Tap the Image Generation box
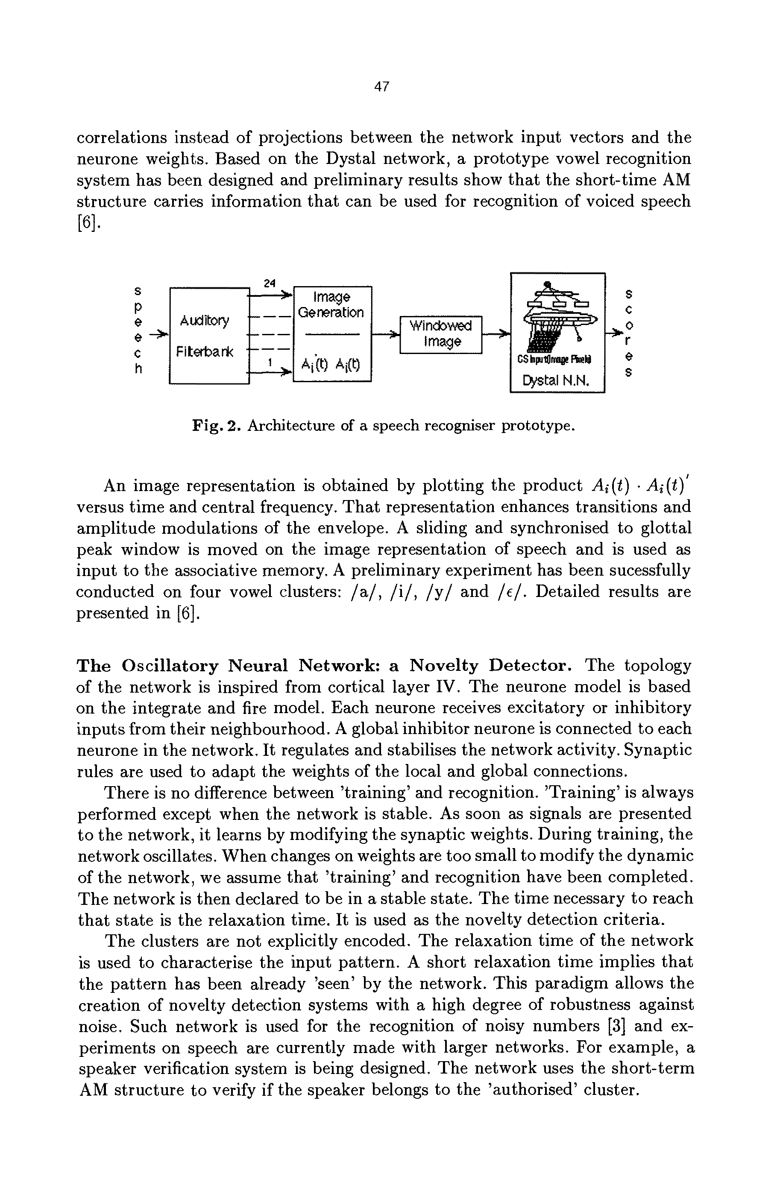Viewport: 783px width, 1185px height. click(x=332, y=334)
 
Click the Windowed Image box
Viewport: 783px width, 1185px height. click(x=440, y=334)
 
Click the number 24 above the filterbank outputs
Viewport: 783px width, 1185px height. click(x=270, y=283)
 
